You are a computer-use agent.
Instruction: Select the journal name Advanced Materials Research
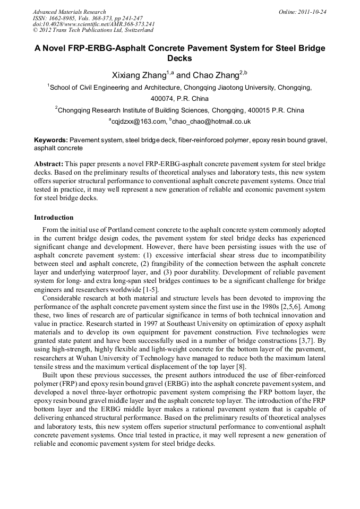(69, 12)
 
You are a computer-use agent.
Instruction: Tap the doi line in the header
(93, 24)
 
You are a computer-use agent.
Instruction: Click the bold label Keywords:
(51, 141)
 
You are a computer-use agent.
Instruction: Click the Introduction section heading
(54, 218)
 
